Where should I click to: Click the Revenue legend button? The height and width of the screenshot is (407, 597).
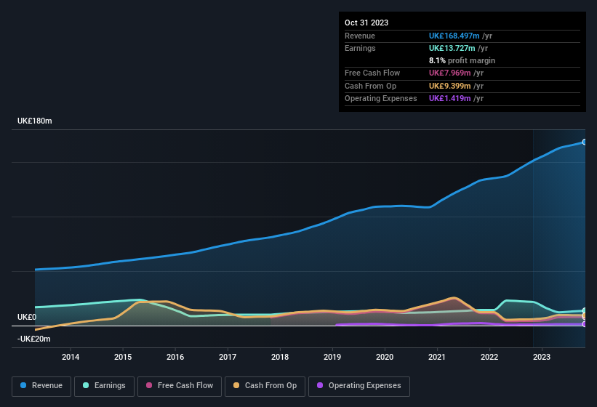point(41,386)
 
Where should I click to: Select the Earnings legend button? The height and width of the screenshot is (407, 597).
point(104,386)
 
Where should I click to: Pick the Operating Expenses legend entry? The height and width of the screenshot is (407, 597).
point(359,386)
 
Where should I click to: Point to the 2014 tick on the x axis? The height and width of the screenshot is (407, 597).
point(71,357)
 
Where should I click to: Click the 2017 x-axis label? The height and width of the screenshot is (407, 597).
point(228,357)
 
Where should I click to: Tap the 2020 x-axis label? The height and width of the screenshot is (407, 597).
point(385,357)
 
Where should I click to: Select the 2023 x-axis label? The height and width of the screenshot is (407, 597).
point(542,357)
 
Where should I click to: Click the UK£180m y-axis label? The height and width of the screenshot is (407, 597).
point(35,121)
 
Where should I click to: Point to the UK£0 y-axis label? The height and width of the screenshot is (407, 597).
point(27,318)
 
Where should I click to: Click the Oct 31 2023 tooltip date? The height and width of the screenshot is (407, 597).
point(366,23)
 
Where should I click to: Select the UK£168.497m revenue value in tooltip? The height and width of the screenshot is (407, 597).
point(460,36)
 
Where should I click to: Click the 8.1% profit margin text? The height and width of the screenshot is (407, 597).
point(462,60)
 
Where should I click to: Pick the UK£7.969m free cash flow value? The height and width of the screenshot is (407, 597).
point(455,73)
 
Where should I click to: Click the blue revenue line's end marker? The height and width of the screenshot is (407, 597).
point(584,142)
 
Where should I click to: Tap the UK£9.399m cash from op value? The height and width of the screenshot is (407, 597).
point(455,86)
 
